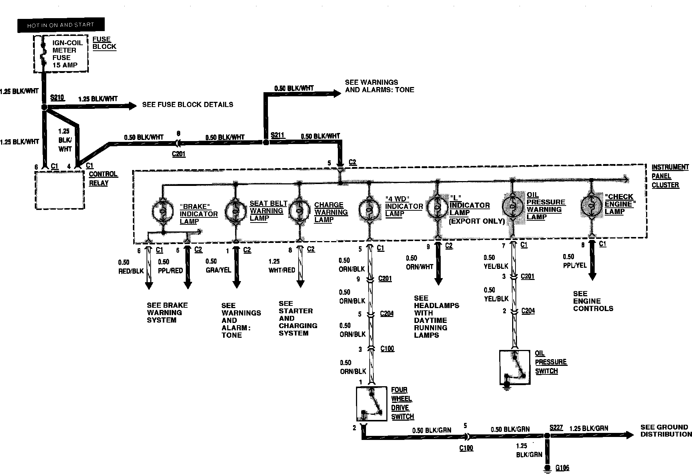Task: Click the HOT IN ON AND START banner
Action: (61, 25)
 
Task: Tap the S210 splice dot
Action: (44, 107)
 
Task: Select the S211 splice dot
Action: (265, 142)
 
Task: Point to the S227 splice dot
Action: (546, 435)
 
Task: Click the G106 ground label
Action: (562, 468)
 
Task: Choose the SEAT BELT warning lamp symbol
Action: (235, 210)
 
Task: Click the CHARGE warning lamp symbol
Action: (299, 210)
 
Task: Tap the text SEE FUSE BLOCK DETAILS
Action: (188, 105)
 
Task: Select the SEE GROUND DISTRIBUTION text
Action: (664, 431)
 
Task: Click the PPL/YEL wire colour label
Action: (575, 266)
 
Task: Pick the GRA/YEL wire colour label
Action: (218, 270)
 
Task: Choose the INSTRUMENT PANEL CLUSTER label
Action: (665, 176)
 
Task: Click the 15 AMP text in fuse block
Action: (65, 65)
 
